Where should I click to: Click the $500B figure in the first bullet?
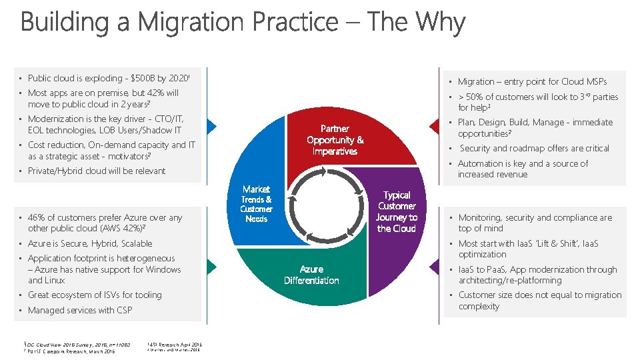[x=147, y=78]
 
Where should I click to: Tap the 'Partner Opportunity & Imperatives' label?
[x=335, y=139]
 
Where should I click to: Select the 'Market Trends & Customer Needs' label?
[x=257, y=204]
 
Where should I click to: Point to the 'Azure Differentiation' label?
[x=311, y=275]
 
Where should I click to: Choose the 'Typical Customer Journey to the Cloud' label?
[x=397, y=211]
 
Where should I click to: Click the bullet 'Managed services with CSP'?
[x=80, y=310]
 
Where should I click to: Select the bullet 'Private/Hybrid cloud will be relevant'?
[x=97, y=171]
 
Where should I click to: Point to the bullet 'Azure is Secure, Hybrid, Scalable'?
[x=90, y=243]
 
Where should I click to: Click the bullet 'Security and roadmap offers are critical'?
[x=534, y=148]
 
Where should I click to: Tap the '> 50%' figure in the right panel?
[x=470, y=97]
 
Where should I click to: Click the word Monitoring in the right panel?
[x=479, y=217]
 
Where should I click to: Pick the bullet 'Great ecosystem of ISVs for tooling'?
[x=95, y=295]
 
